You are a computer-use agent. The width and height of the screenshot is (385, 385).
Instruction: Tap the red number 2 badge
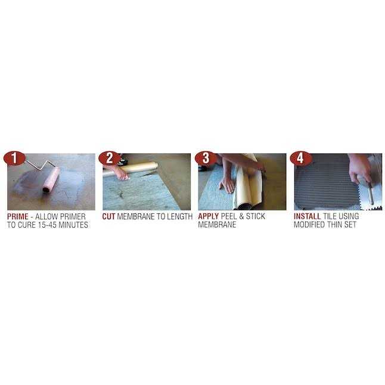pyautogui.click(x=109, y=159)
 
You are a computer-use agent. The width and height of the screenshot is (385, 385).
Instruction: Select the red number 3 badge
pyautogui.click(x=206, y=159)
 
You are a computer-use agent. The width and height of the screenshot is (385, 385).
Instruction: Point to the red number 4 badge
pyautogui.click(x=301, y=159)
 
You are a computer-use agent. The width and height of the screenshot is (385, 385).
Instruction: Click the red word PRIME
pyautogui.click(x=18, y=217)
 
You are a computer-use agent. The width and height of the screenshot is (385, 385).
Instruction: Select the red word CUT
pyautogui.click(x=108, y=217)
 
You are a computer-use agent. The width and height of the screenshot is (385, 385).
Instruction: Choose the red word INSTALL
pyautogui.click(x=308, y=217)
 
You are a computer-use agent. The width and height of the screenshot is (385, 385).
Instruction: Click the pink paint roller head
pyautogui.click(x=51, y=179)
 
